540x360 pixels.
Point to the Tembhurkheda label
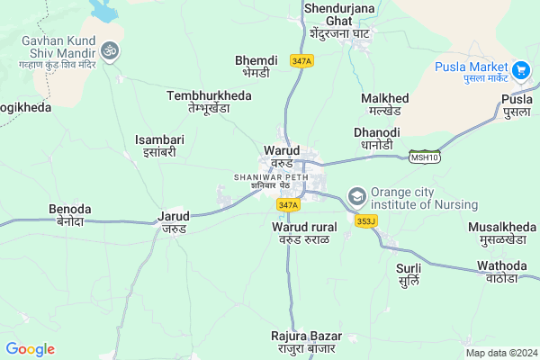pyautogui.click(x=209, y=101)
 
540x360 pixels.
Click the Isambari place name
pyautogui.click(x=159, y=145)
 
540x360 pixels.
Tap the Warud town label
pyautogui.click(x=282, y=156)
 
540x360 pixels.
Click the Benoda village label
pyautogui.click(x=69, y=215)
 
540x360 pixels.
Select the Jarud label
pyautogui.click(x=174, y=222)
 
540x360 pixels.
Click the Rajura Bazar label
pyautogui.click(x=304, y=342)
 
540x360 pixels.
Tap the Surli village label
pyautogui.click(x=409, y=274)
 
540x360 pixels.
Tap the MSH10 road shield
pyautogui.click(x=424, y=157)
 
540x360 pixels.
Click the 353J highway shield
pyautogui.click(x=364, y=220)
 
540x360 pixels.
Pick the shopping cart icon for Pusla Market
pyautogui.click(x=519, y=69)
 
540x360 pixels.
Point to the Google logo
pyautogui.click(x=31, y=349)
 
